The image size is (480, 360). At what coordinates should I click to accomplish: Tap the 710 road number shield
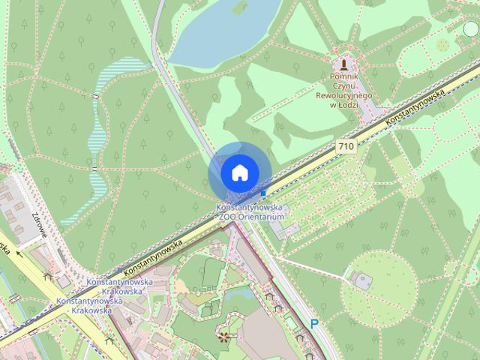point(346,147)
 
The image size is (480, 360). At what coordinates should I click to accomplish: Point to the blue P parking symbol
point(314,324)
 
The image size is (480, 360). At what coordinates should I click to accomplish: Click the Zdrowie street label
point(39,222)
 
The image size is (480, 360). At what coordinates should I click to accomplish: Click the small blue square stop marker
point(263,193)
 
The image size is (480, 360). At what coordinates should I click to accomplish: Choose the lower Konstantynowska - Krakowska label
point(85,305)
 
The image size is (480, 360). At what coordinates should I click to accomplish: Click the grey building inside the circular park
point(362,280)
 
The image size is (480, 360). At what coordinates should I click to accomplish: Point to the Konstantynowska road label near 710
point(415,107)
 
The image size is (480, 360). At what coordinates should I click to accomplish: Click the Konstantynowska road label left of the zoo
point(154,256)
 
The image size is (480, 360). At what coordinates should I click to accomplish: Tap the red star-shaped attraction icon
point(223,334)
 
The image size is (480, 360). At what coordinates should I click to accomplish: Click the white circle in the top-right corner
point(471,29)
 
